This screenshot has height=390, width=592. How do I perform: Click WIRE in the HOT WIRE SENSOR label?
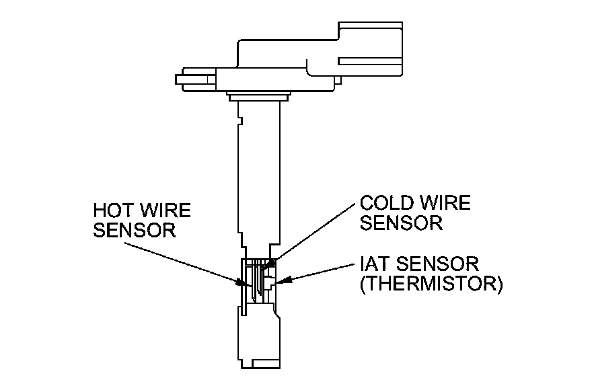161,211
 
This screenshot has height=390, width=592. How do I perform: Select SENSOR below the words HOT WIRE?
135,230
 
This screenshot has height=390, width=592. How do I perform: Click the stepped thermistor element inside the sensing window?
271,286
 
